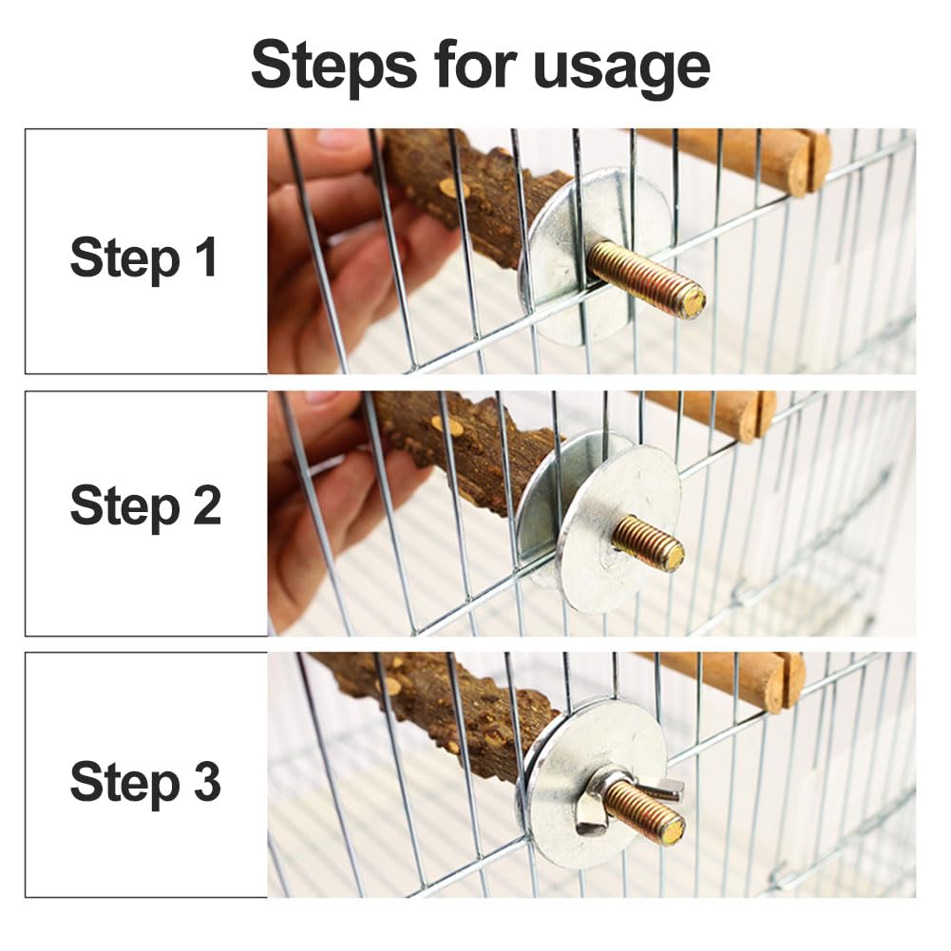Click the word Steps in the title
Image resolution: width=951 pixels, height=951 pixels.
coord(334,65)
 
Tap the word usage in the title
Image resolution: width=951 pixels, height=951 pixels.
coord(621,69)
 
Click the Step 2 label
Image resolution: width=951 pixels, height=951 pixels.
coord(145,507)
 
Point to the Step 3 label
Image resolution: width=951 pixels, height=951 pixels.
coord(145,783)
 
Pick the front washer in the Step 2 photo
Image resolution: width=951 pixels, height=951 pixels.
coord(618,523)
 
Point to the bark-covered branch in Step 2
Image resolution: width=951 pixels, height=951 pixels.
coord(461,448)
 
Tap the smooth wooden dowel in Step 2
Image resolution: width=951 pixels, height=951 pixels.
coord(710,411)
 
